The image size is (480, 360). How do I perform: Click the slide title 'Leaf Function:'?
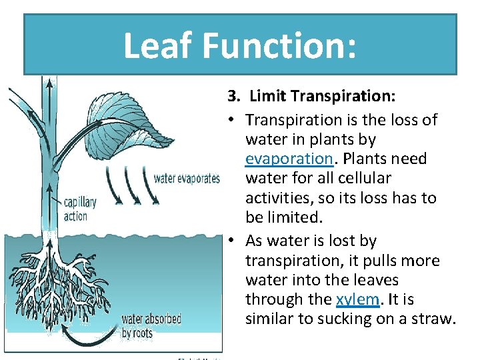[239, 46]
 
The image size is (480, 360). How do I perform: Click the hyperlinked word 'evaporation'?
[289, 159]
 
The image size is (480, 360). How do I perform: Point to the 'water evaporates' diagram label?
[187, 178]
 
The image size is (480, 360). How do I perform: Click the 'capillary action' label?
[80, 209]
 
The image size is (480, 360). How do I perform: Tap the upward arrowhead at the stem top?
[48, 83]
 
